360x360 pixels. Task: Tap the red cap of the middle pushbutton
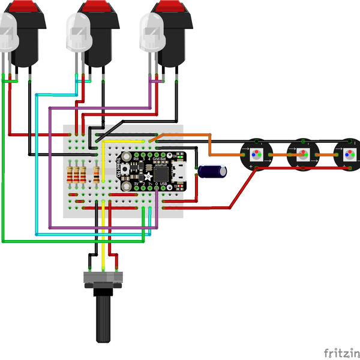pyautogui.click(x=102, y=7)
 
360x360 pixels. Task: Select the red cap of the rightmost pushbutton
pyautogui.click(x=174, y=7)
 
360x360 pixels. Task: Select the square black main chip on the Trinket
pyautogui.click(x=161, y=173)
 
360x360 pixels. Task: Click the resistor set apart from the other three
pyautogui.click(x=97, y=175)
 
